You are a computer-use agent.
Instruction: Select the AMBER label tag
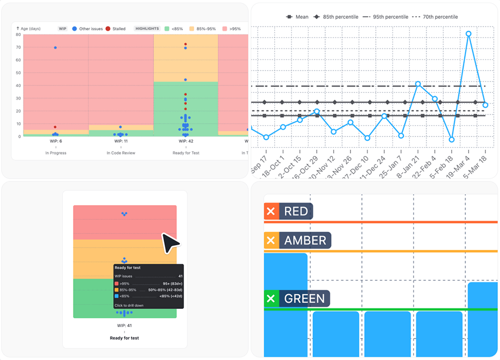(304, 241)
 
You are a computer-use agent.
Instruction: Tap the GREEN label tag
(304, 299)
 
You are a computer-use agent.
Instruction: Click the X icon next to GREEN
(271, 299)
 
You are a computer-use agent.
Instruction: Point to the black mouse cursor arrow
(170, 243)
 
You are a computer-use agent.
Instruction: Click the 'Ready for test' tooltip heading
(127, 268)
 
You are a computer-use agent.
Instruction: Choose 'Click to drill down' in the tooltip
(129, 305)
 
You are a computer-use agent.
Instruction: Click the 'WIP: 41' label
(124, 326)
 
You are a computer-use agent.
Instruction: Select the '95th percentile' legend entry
(391, 17)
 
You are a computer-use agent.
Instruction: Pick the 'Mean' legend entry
(298, 17)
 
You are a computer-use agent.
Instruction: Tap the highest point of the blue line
(468, 34)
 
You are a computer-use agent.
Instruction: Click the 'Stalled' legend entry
(115, 29)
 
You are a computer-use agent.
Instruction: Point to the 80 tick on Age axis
(18, 35)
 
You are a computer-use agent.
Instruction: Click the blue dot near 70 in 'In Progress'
(55, 47)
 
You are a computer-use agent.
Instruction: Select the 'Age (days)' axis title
(30, 29)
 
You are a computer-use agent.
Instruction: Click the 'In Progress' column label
(56, 153)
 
